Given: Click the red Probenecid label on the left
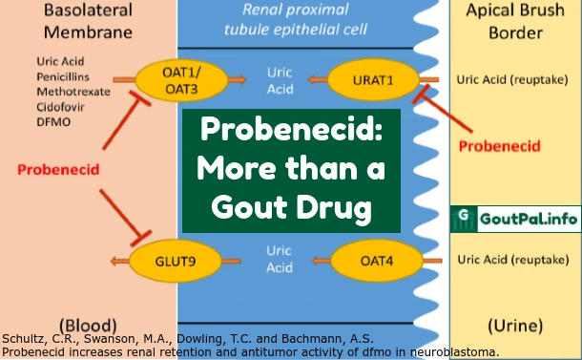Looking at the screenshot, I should pyautogui.click(x=57, y=169).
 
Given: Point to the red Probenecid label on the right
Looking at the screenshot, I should pyautogui.click(x=499, y=146).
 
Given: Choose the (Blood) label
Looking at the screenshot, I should pyautogui.click(x=88, y=325).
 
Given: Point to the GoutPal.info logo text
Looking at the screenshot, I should pyautogui.click(x=528, y=219).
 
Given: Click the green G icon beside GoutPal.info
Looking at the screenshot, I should pyautogui.click(x=464, y=219).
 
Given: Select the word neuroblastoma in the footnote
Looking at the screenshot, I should pyautogui.click(x=445, y=351).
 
